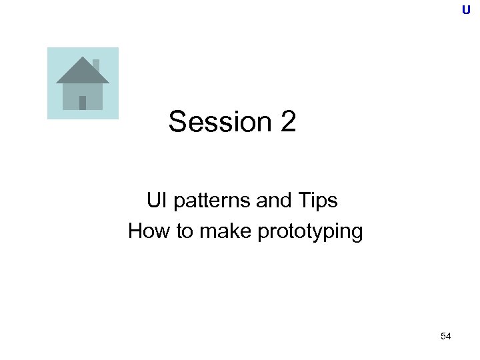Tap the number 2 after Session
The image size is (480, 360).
point(288,122)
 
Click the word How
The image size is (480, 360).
point(145,232)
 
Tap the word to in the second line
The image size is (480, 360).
point(177,232)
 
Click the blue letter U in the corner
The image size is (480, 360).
point(466,10)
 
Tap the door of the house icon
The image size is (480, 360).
point(83,103)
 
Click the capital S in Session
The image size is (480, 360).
point(178,122)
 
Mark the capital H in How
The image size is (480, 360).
point(135,232)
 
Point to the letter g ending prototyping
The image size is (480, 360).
point(357,233)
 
